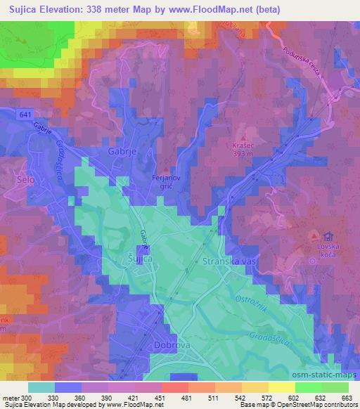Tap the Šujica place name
[x=139, y=259]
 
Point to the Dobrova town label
[x=169, y=346]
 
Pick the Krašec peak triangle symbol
[x=244, y=138]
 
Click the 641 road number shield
[x=25, y=114]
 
